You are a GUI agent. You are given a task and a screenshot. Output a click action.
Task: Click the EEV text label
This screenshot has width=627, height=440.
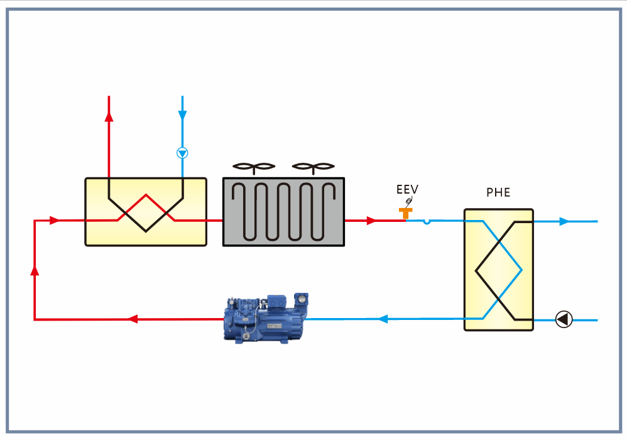pyautogui.click(x=407, y=189)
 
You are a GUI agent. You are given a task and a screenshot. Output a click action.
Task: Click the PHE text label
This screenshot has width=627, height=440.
pyautogui.click(x=498, y=193)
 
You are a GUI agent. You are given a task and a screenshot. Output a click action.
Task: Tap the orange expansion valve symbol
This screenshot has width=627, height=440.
pyautogui.click(x=405, y=214)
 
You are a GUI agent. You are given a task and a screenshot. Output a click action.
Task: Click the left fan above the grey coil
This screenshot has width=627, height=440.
pyautogui.click(x=254, y=167)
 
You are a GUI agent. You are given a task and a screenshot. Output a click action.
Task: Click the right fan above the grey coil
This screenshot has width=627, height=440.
pyautogui.click(x=313, y=167)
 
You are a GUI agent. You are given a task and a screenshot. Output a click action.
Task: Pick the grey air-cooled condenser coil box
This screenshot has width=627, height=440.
pyautogui.click(x=283, y=212)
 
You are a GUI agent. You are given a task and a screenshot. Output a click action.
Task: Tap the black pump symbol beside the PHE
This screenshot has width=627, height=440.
pyautogui.click(x=564, y=319)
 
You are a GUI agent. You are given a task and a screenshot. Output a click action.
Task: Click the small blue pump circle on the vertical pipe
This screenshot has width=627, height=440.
pyautogui.click(x=182, y=153)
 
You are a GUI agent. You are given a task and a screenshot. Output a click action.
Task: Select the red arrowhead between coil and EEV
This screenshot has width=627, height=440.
pyautogui.click(x=371, y=221)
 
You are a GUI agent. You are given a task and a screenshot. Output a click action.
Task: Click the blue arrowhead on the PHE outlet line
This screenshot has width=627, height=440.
pyautogui.click(x=564, y=221)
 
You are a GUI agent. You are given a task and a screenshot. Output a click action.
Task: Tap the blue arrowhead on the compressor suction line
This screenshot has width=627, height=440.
pyautogui.click(x=383, y=319)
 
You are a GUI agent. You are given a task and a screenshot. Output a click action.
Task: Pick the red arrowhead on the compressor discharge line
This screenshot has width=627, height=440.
pyautogui.click(x=133, y=319)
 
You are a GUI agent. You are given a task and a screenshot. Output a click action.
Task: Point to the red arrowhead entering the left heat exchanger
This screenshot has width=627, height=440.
pyautogui.click(x=54, y=220)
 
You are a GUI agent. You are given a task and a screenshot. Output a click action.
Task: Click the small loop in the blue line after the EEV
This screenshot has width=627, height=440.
pyautogui.click(x=427, y=221)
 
